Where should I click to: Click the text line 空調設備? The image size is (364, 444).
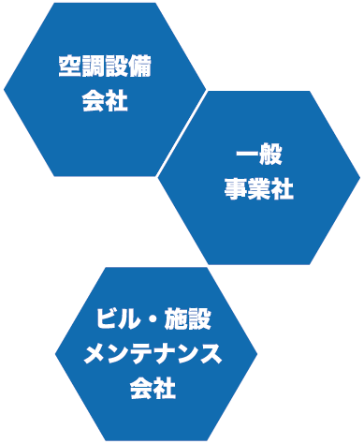tap(105, 68)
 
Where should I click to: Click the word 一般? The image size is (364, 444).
tap(258, 155)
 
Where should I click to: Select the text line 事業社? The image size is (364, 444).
tap(258, 189)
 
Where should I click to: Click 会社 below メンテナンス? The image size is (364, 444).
tap(154, 388)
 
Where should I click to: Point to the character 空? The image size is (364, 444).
tap(69, 68)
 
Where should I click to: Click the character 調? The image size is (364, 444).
tap(93, 68)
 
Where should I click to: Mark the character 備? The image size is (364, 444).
tap(140, 68)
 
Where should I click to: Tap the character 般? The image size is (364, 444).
tap(270, 155)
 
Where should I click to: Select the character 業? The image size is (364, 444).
tap(258, 189)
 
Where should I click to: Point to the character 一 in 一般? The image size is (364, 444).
tap(246, 155)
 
